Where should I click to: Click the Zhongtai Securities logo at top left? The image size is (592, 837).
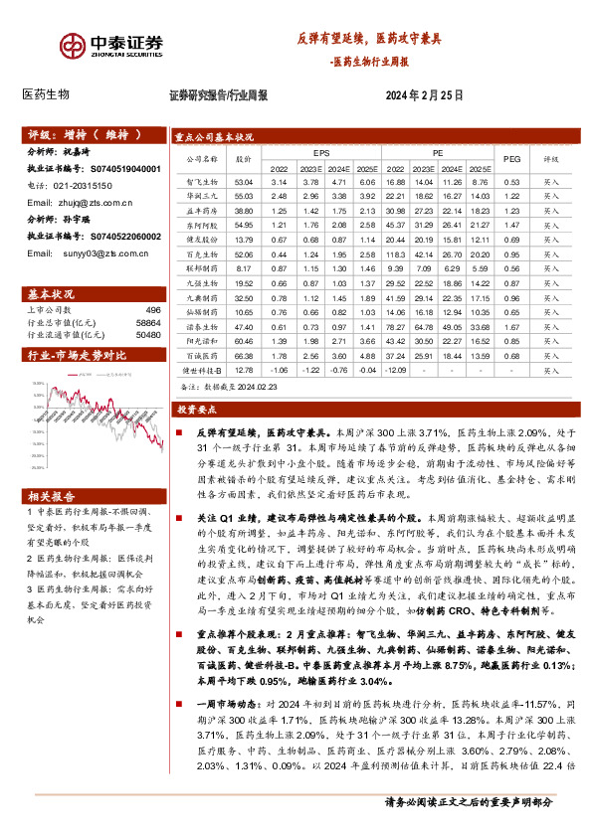tap(110, 47)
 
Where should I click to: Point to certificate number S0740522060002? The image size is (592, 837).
tap(120, 237)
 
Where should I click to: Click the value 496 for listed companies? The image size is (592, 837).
tap(152, 308)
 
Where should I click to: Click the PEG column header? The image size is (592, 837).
tap(511, 157)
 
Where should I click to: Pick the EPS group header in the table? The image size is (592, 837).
tap(321, 154)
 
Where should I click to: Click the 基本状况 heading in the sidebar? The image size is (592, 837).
tap(46, 294)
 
